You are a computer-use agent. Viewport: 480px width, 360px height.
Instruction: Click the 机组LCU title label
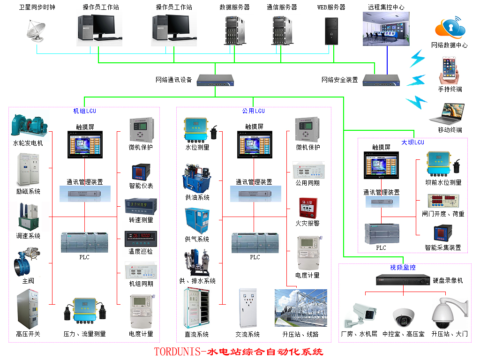pos(84,111)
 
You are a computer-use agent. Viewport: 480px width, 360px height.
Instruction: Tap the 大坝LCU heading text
pos(412,142)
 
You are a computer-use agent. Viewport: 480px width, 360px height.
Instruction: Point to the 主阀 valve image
pos(28,262)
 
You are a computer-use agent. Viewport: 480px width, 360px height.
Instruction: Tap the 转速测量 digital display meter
pos(141,206)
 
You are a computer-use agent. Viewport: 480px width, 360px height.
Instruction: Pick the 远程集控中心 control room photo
pos(386,29)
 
